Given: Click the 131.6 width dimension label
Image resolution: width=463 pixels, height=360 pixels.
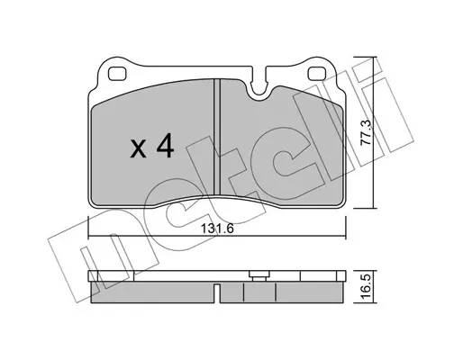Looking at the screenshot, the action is [217, 229].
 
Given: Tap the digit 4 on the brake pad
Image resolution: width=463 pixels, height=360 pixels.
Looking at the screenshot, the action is [164, 146].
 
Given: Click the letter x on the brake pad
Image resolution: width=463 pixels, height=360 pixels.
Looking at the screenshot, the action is [139, 149].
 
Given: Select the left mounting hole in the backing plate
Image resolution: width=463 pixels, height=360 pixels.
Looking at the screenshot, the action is [117, 74].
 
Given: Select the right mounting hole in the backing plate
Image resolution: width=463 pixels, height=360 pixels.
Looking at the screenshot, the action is [317, 74].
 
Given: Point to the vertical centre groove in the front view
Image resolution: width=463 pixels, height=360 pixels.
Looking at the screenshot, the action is [217, 136].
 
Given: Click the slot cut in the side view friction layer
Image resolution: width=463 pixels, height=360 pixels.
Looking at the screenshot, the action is [217, 292].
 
